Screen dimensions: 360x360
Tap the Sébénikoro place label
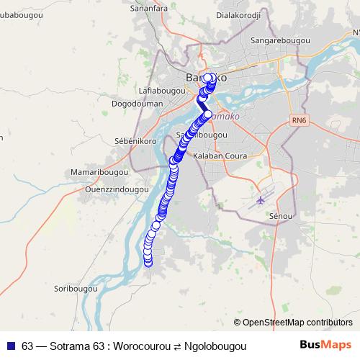pyautogui.click(x=130, y=141)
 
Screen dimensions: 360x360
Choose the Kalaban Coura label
pyautogui.click(x=225, y=156)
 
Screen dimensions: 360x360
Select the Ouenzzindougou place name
pyautogui.click(x=96, y=189)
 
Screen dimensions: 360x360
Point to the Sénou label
pyautogui.click(x=279, y=215)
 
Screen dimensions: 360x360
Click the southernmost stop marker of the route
pyautogui.click(x=149, y=262)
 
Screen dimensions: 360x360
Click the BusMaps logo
pyautogui.click(x=325, y=346)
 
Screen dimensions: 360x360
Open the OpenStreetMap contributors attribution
pyautogui.click(x=297, y=322)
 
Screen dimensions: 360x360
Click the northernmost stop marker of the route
pyautogui.click(x=207, y=78)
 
